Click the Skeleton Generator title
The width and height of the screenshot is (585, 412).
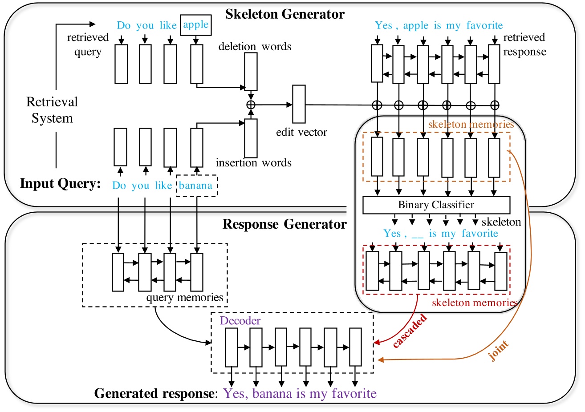tap(284, 14)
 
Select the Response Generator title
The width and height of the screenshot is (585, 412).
tap(284, 224)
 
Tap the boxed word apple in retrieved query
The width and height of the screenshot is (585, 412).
tap(196, 25)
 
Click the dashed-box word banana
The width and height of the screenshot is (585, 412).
tap(196, 186)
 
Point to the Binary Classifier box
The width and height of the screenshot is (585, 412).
tap(436, 205)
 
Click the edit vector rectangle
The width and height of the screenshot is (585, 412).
tap(299, 105)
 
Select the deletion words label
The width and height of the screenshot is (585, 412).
tap(255, 47)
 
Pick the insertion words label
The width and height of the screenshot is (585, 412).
tap(253, 163)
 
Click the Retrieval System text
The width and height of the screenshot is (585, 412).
tap(52, 110)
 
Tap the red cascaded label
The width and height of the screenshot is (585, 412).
tap(410, 331)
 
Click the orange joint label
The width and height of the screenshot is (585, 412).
tap(499, 351)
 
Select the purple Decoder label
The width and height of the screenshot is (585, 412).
tap(240, 321)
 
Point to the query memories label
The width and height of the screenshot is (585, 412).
tap(185, 298)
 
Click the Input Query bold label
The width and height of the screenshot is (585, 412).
tap(61, 184)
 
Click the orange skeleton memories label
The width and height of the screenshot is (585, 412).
tap(471, 125)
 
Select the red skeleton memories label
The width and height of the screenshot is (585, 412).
tap(474, 303)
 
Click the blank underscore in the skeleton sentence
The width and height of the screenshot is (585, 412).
tap(417, 234)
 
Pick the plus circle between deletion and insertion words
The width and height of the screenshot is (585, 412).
tap(251, 105)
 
